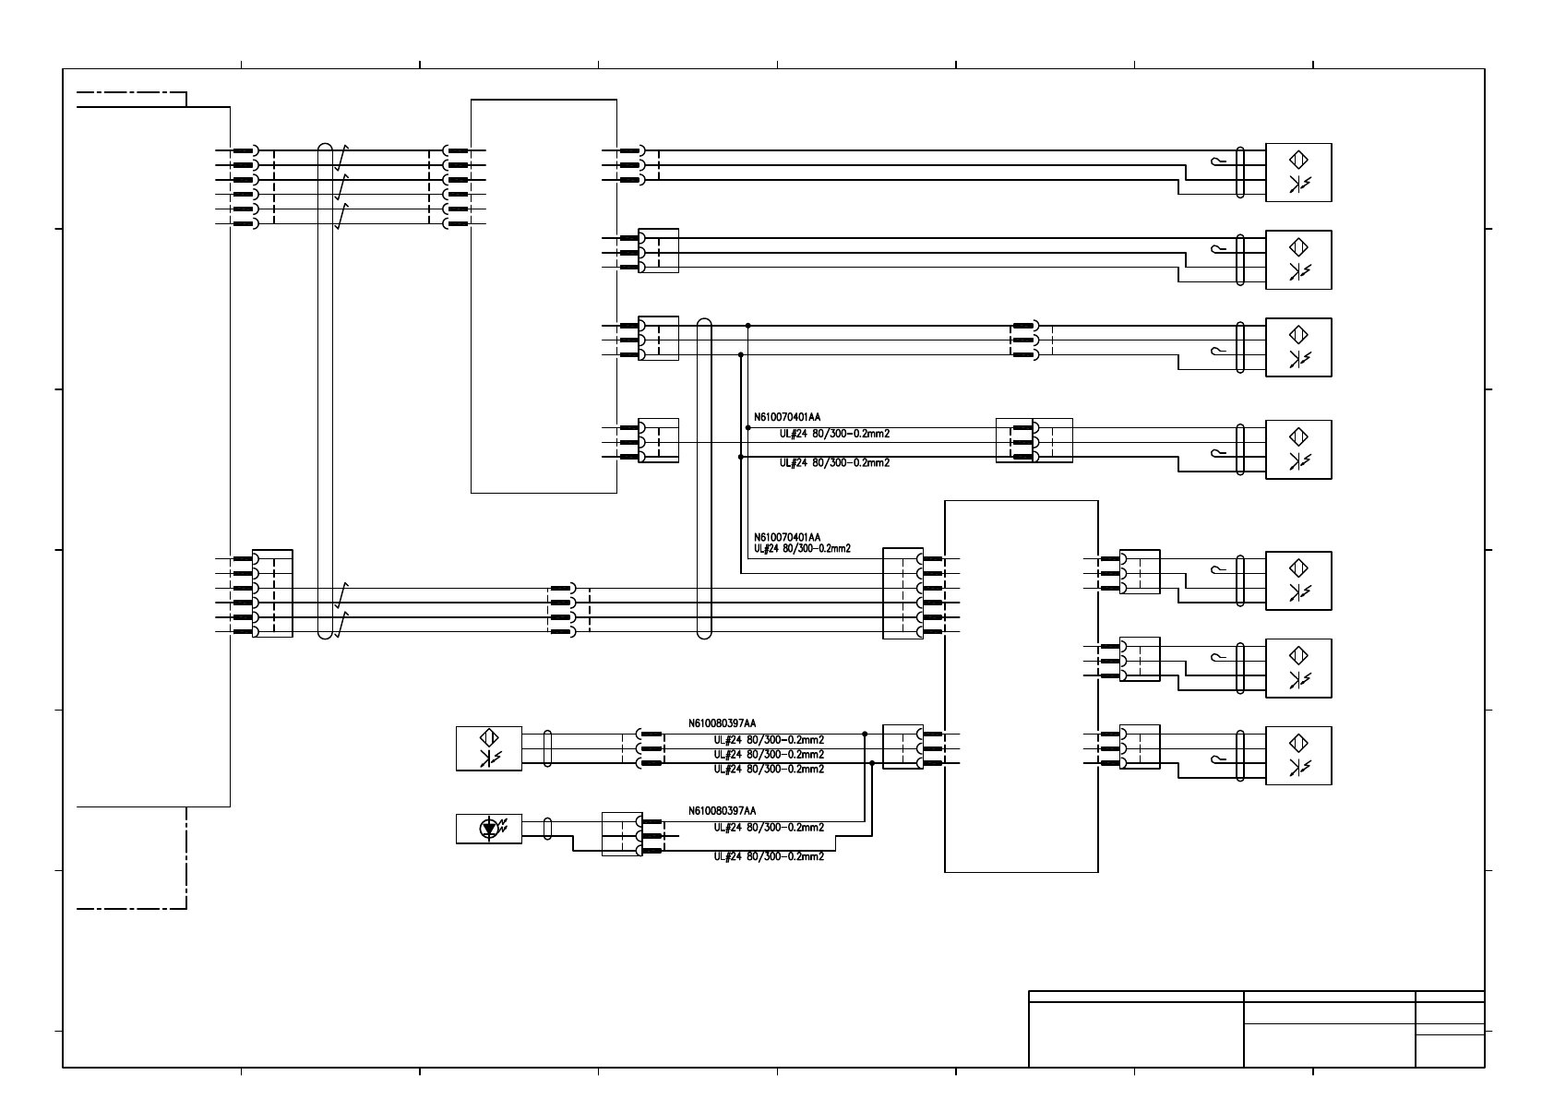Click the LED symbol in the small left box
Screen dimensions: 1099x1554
488,829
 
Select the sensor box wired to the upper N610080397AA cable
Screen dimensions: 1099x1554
488,748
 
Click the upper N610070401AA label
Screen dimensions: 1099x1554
787,416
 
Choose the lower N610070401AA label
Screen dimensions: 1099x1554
787,537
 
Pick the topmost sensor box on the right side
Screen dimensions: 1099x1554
1298,173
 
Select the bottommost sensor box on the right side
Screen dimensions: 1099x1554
1298,756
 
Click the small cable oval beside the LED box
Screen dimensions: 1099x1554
548,828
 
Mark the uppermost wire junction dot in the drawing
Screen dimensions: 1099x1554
748,326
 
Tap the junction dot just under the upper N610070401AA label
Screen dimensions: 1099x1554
748,428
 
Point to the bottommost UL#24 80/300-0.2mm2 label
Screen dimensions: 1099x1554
769,856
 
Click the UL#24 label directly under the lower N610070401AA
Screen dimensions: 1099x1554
802,549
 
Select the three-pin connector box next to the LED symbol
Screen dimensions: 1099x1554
621,833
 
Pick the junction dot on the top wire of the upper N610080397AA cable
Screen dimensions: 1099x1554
865,735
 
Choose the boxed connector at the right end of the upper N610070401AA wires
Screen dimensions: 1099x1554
1034,441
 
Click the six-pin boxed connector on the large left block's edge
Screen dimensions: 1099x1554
272,593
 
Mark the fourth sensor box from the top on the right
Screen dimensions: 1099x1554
1298,449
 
